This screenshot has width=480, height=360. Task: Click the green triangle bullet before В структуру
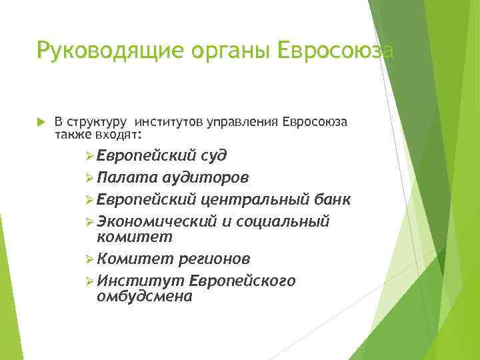tap(40, 122)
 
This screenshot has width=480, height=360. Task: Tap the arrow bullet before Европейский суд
tap(90, 156)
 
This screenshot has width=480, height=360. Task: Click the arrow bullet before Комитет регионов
tap(90, 259)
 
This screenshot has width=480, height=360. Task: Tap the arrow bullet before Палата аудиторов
tap(90, 178)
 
